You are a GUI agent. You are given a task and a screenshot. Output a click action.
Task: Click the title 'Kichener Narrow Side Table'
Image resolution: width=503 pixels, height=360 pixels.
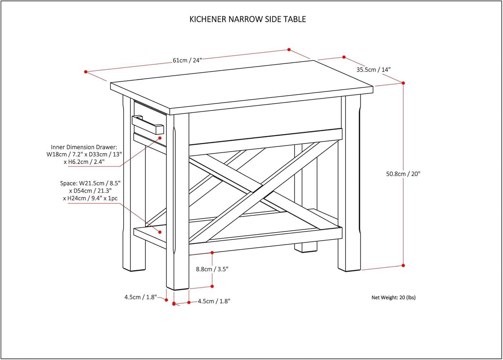tap(247, 19)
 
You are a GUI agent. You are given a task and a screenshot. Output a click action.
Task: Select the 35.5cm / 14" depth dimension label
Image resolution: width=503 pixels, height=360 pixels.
tap(373, 70)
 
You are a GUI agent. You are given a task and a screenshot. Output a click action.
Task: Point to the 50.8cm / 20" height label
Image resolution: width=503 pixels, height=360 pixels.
tap(403, 174)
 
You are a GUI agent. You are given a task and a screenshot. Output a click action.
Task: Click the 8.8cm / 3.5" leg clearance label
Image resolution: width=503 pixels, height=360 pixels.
tap(212, 269)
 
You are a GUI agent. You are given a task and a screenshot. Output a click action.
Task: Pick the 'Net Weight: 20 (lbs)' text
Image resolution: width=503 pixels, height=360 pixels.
tap(393, 297)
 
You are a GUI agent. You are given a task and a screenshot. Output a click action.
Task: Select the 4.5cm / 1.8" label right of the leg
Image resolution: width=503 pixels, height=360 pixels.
tap(214, 301)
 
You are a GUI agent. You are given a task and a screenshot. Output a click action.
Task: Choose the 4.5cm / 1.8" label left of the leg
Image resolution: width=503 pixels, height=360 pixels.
tap(141, 297)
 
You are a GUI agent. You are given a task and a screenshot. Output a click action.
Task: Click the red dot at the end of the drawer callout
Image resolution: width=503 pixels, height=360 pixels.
tap(160, 138)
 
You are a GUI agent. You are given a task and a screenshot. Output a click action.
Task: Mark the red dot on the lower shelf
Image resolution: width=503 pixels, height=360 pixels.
tap(160, 232)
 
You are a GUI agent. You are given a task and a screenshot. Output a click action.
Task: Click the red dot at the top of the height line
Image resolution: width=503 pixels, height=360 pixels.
tap(403, 83)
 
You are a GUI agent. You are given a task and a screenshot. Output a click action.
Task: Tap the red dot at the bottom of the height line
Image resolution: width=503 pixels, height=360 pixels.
tap(403, 265)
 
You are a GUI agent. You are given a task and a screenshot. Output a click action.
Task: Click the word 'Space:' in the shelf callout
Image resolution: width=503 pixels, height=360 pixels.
tap(68, 183)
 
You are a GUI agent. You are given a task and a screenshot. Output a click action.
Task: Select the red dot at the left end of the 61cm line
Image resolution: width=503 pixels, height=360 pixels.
tap(86, 72)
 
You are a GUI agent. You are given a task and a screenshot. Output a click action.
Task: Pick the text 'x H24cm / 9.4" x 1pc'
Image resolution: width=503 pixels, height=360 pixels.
tap(90, 198)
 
